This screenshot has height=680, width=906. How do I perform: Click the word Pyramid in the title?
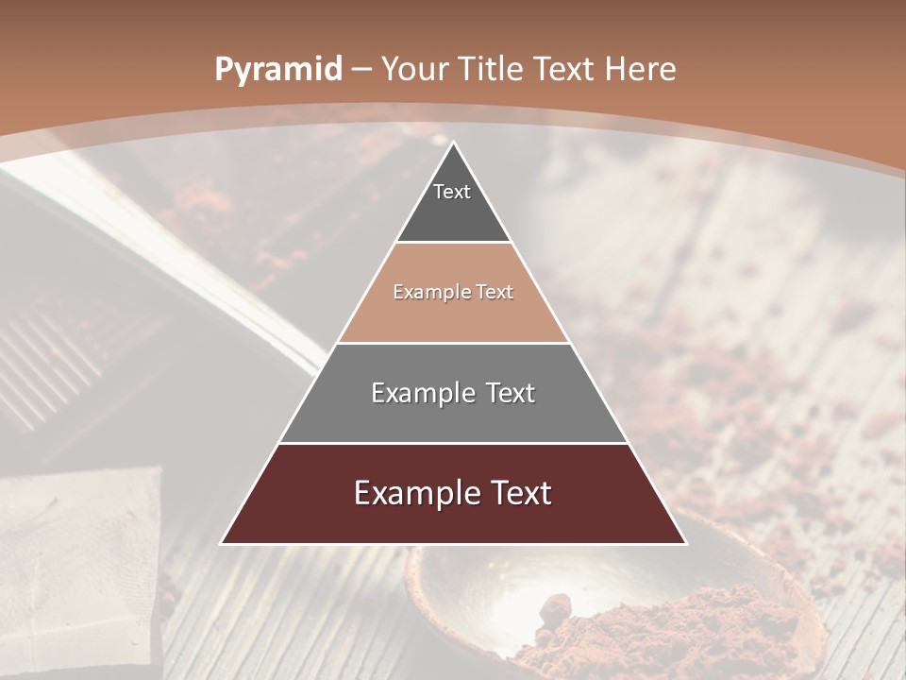(277, 70)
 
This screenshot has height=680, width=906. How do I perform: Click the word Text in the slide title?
(565, 69)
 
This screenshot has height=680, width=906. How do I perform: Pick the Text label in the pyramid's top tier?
(452, 192)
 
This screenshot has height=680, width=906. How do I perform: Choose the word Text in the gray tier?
(511, 393)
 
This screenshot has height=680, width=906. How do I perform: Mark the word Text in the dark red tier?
(520, 493)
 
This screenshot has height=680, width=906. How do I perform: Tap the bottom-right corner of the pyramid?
(685, 543)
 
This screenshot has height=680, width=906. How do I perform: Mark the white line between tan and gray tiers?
(454, 343)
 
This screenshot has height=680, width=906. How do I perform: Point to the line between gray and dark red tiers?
(454, 443)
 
